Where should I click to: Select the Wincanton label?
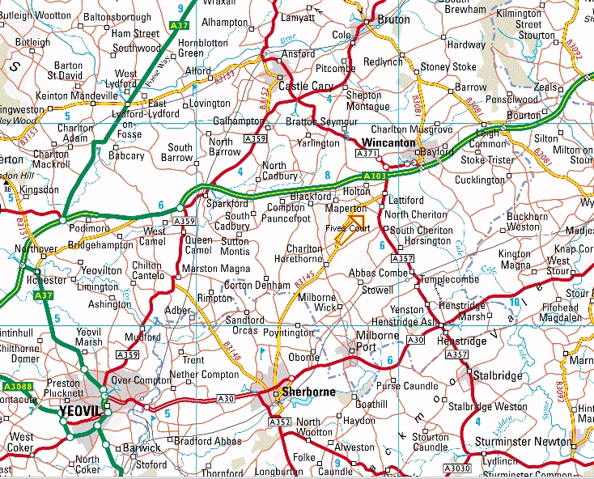(x=388, y=142)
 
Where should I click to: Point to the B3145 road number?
(x=304, y=280)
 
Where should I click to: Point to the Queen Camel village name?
(x=199, y=245)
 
